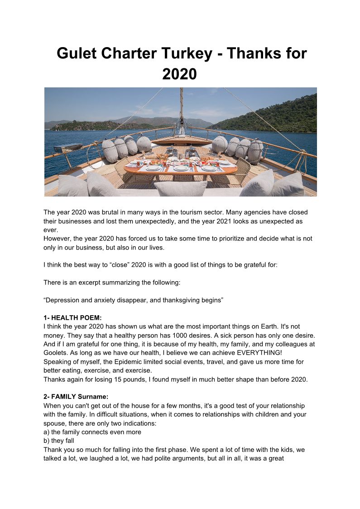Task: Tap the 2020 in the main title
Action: [x=179, y=73]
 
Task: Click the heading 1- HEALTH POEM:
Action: [x=73, y=318]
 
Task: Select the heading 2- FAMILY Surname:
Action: [x=76, y=397]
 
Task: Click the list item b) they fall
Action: [x=59, y=441]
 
